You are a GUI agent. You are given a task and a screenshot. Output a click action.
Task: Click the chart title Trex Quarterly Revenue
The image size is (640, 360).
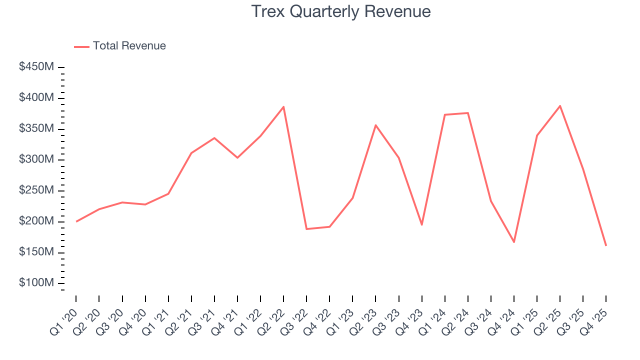[340, 11]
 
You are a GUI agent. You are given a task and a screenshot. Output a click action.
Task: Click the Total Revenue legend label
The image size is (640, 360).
[129, 46]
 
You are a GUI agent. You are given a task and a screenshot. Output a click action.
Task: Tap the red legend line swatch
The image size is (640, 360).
[81, 46]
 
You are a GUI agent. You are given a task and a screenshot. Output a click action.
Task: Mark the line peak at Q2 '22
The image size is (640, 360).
[283, 106]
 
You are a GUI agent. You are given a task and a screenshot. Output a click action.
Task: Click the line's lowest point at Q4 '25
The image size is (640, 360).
[606, 245]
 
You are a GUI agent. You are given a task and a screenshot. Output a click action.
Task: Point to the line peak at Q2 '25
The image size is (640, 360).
[560, 105]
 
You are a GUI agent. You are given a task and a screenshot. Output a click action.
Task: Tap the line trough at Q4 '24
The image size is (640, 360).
[514, 242]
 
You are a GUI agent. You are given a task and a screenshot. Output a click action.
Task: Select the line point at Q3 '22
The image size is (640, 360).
[306, 229]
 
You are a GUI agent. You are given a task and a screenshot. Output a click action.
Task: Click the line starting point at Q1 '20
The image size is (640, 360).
[76, 221]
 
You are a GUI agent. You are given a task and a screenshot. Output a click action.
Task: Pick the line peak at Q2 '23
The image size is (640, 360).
[375, 125]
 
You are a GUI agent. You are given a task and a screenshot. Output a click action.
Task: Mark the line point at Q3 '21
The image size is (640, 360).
[214, 137]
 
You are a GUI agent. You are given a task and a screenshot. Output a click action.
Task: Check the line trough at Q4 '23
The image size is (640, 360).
[421, 225]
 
